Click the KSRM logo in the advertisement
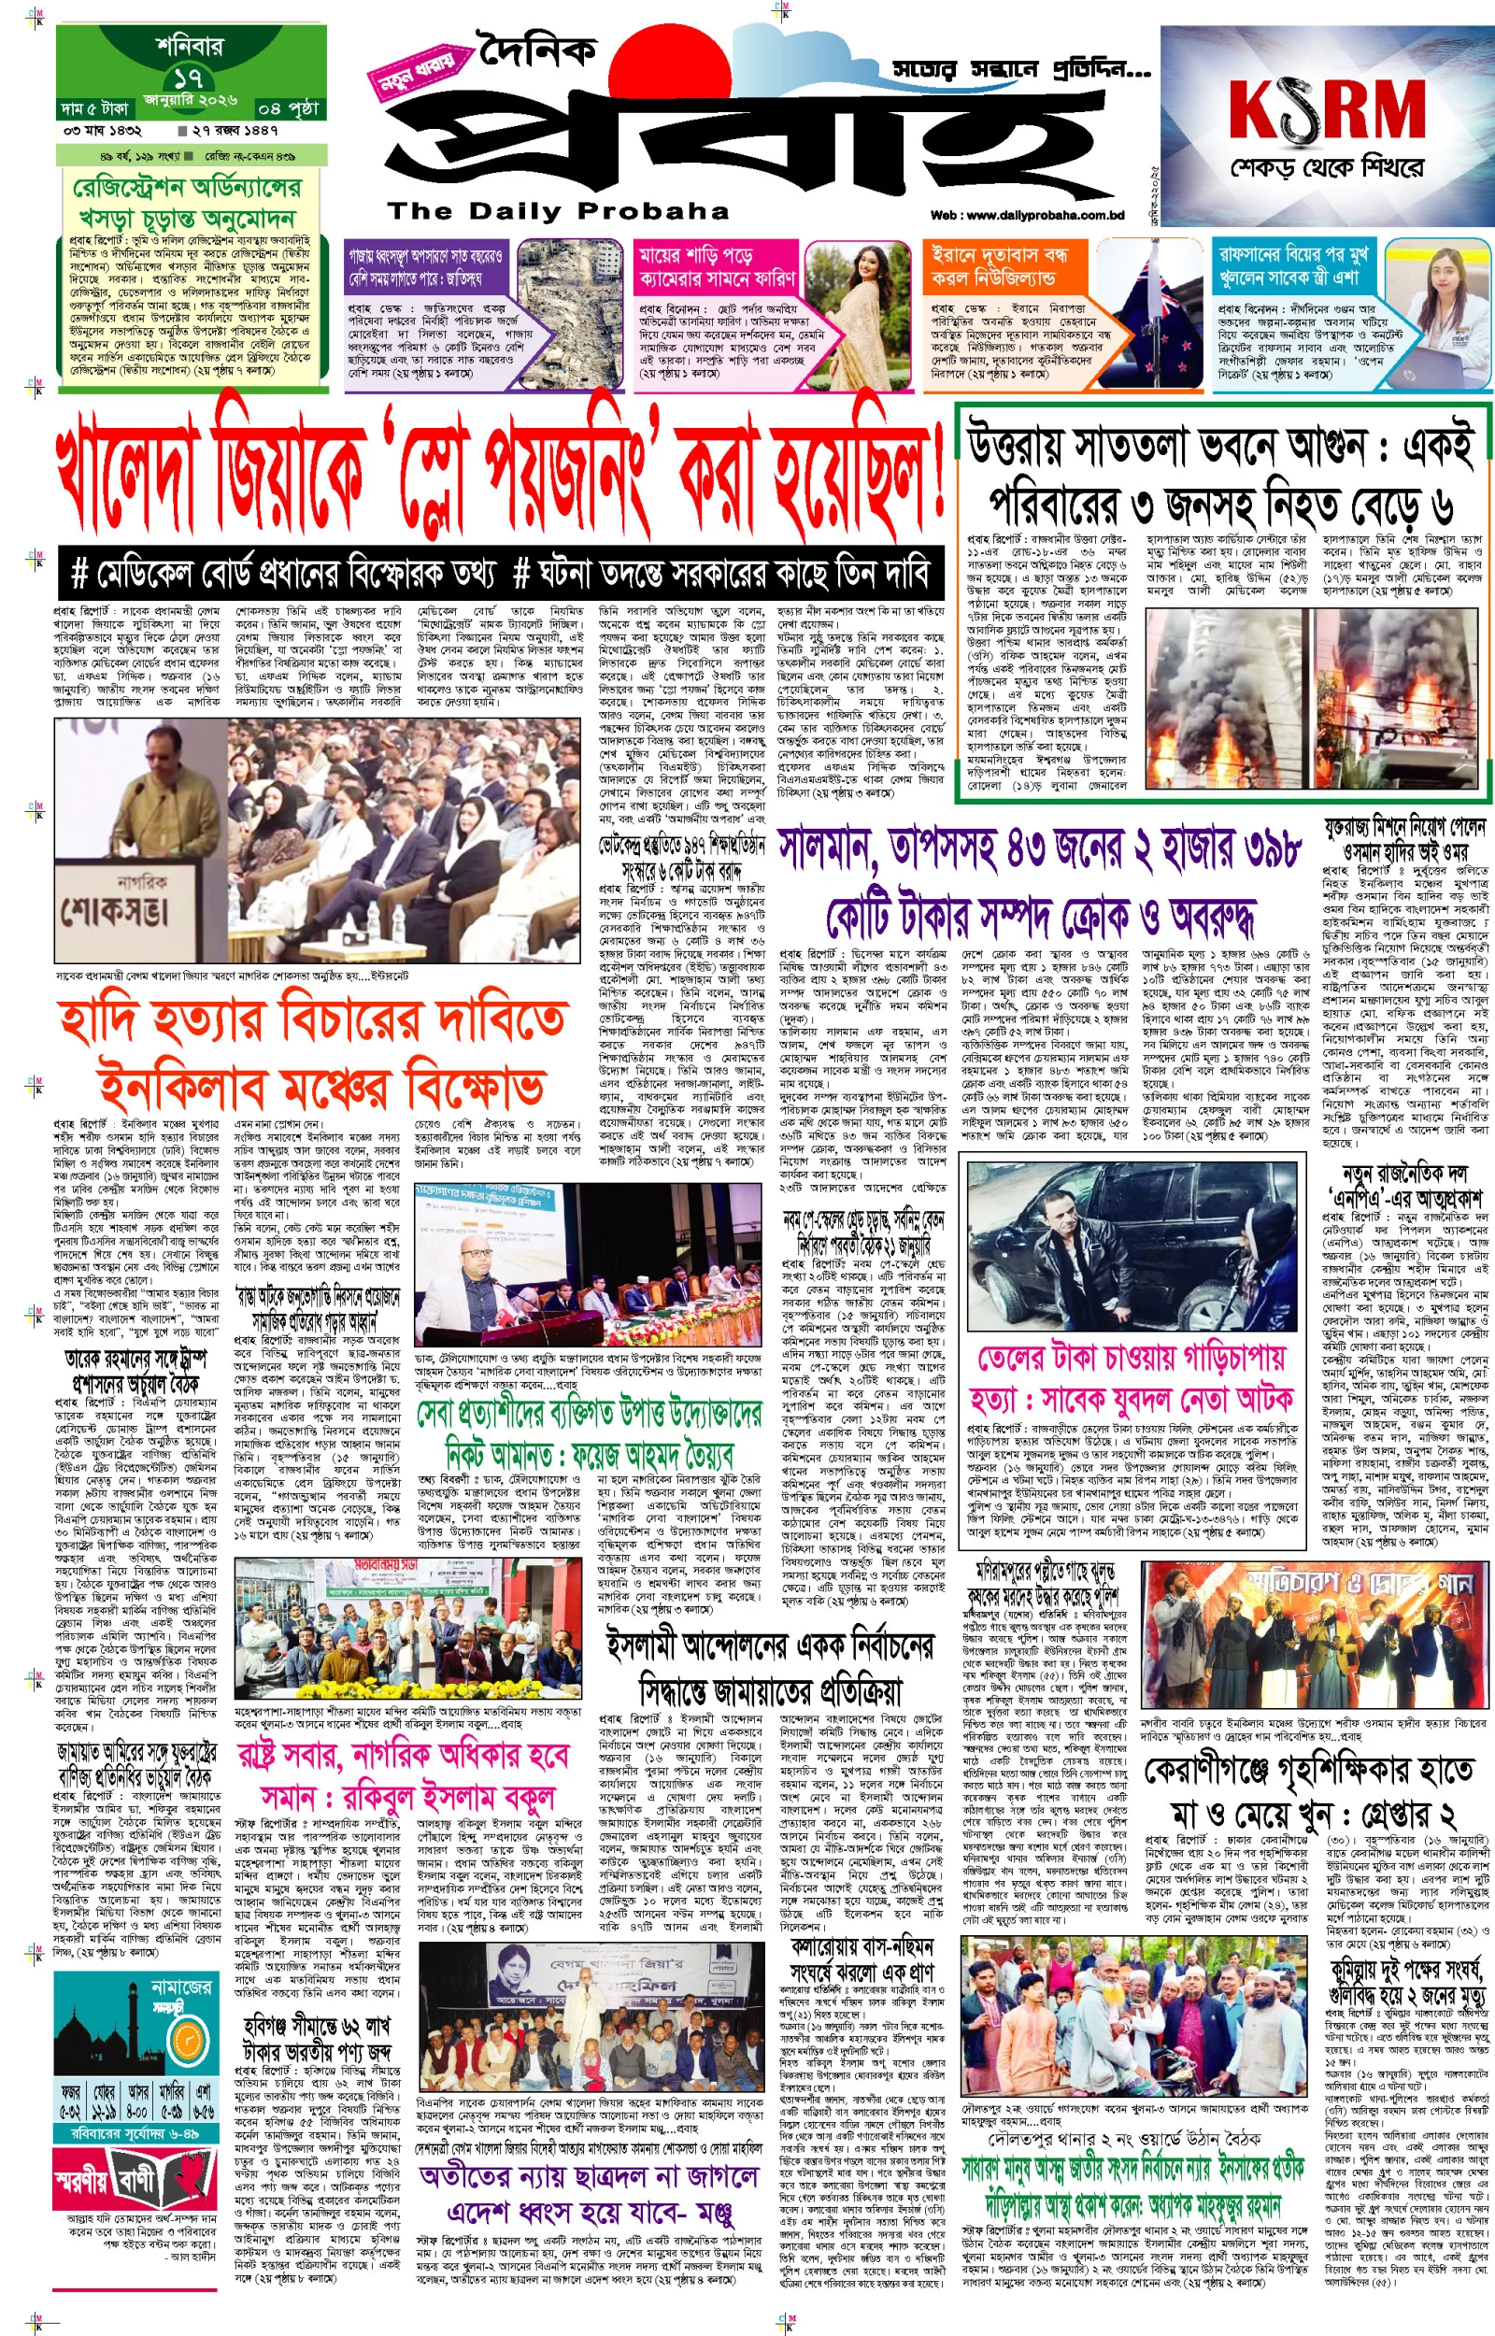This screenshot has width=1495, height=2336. click(1326, 108)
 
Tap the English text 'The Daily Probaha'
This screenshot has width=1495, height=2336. click(558, 210)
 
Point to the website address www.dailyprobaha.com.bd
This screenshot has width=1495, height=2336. click(1027, 215)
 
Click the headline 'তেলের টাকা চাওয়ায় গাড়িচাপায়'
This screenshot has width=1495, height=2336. click(1131, 1356)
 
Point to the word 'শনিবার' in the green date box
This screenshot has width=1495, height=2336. click(190, 45)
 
